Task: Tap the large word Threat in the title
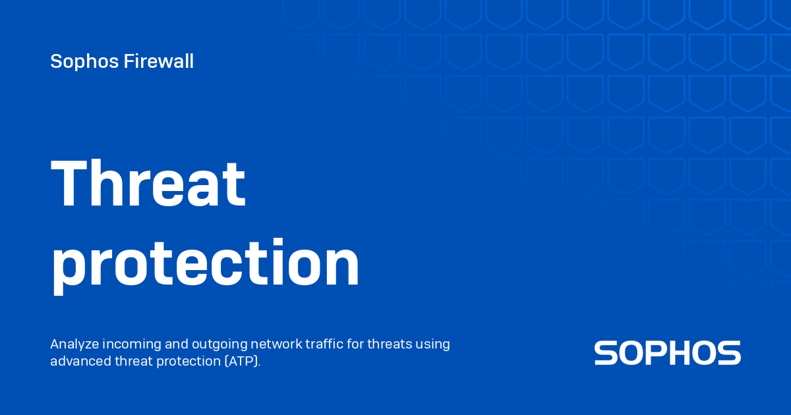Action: pos(148,184)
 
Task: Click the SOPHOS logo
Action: pos(667,353)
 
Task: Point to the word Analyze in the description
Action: pos(73,344)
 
